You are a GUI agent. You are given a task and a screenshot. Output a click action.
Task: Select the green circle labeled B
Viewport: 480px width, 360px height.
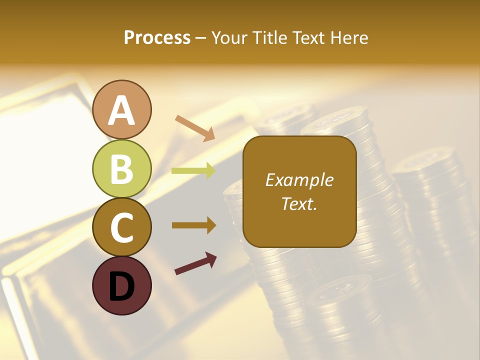point(122,168)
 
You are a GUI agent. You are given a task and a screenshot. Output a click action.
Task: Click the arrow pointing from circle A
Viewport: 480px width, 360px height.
point(194,127)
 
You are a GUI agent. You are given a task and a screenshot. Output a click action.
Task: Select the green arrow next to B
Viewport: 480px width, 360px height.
point(193,171)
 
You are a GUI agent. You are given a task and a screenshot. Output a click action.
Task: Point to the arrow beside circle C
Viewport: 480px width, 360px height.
point(193,225)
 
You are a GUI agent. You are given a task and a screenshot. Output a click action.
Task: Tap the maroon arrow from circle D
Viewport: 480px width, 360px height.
point(195,263)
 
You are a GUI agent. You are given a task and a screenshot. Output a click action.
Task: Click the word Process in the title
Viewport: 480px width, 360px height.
point(157,37)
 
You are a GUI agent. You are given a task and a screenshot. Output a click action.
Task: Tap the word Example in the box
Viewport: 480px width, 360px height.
point(299,180)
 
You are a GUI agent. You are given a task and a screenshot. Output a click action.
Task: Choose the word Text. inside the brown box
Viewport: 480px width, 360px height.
point(299,203)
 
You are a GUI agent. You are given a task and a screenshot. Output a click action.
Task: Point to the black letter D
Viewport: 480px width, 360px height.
point(122,286)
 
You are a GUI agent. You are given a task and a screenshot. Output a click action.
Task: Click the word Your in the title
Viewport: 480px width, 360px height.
point(230,37)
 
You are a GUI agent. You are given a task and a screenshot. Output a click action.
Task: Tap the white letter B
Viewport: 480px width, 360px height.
point(122,169)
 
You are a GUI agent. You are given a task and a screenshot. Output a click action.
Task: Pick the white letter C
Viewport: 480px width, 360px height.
point(122,228)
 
